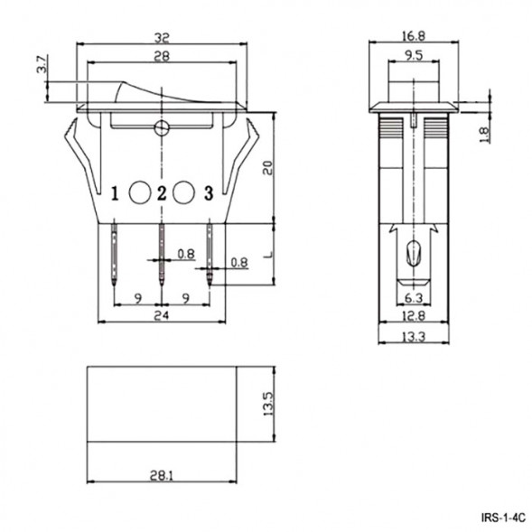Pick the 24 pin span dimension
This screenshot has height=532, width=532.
(x=162, y=315)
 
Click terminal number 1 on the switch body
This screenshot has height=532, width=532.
(x=116, y=192)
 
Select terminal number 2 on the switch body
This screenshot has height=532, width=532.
(x=162, y=192)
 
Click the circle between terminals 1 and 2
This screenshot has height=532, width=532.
(x=140, y=191)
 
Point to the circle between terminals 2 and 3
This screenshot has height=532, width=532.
(x=184, y=191)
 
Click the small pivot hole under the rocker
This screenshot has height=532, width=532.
(x=162, y=127)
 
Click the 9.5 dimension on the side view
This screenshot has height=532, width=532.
(x=414, y=56)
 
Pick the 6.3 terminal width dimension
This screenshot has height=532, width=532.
(x=413, y=296)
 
